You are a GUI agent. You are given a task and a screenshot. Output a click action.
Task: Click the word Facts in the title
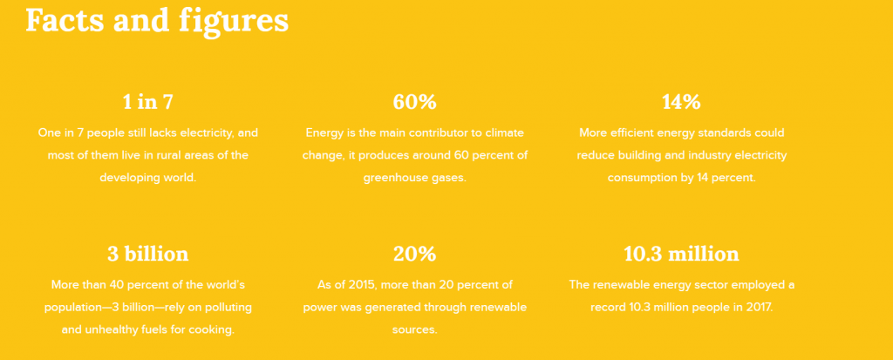coord(65,20)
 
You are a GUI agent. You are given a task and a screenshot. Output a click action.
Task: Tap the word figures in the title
coord(234,22)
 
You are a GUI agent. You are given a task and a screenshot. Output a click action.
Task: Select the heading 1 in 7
coord(148,102)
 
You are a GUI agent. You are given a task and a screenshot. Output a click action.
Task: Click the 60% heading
coord(414,102)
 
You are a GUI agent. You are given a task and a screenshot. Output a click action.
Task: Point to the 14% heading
coord(681,102)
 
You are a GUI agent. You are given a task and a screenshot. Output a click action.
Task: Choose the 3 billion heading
coord(148,254)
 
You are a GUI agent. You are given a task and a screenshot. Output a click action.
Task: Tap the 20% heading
coord(414,254)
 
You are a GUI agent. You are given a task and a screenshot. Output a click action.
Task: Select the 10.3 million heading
coord(681,254)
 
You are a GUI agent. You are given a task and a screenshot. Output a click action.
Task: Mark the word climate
coord(504,132)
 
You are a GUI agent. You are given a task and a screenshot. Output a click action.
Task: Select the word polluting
coord(227,307)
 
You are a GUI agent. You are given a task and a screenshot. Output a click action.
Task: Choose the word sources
coord(414,329)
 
